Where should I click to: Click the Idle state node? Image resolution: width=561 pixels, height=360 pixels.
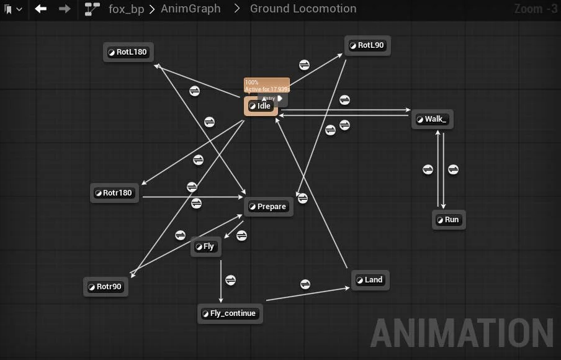tap(261, 106)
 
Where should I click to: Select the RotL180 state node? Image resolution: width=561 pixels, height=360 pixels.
tap(128, 52)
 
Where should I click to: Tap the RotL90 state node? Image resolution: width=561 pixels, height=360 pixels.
tap(367, 45)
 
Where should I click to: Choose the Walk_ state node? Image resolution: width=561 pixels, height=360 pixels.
tap(432, 119)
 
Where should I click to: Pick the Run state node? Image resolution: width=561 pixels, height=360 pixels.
tap(448, 220)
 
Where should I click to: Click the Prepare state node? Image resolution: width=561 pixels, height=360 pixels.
tap(267, 207)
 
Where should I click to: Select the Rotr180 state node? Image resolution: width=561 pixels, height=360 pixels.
tap(114, 193)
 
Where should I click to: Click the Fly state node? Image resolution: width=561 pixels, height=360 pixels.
tap(205, 246)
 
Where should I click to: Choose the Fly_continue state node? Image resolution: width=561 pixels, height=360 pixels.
tap(230, 313)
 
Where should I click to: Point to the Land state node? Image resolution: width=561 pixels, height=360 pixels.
tap(370, 280)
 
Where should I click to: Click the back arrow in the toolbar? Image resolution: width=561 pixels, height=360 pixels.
tap(41, 9)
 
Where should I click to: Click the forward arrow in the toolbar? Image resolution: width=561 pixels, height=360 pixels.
tap(64, 9)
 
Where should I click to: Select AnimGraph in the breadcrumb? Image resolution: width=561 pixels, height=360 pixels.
tap(191, 9)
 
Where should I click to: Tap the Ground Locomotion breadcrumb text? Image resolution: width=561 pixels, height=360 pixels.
tap(303, 9)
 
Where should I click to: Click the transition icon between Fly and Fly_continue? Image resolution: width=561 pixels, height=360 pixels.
tap(230, 280)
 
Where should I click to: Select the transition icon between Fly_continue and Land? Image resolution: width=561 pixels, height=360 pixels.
tap(305, 284)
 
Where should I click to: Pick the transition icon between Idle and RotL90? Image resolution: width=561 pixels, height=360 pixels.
tap(304, 65)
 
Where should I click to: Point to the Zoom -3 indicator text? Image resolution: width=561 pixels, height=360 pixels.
tap(536, 9)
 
